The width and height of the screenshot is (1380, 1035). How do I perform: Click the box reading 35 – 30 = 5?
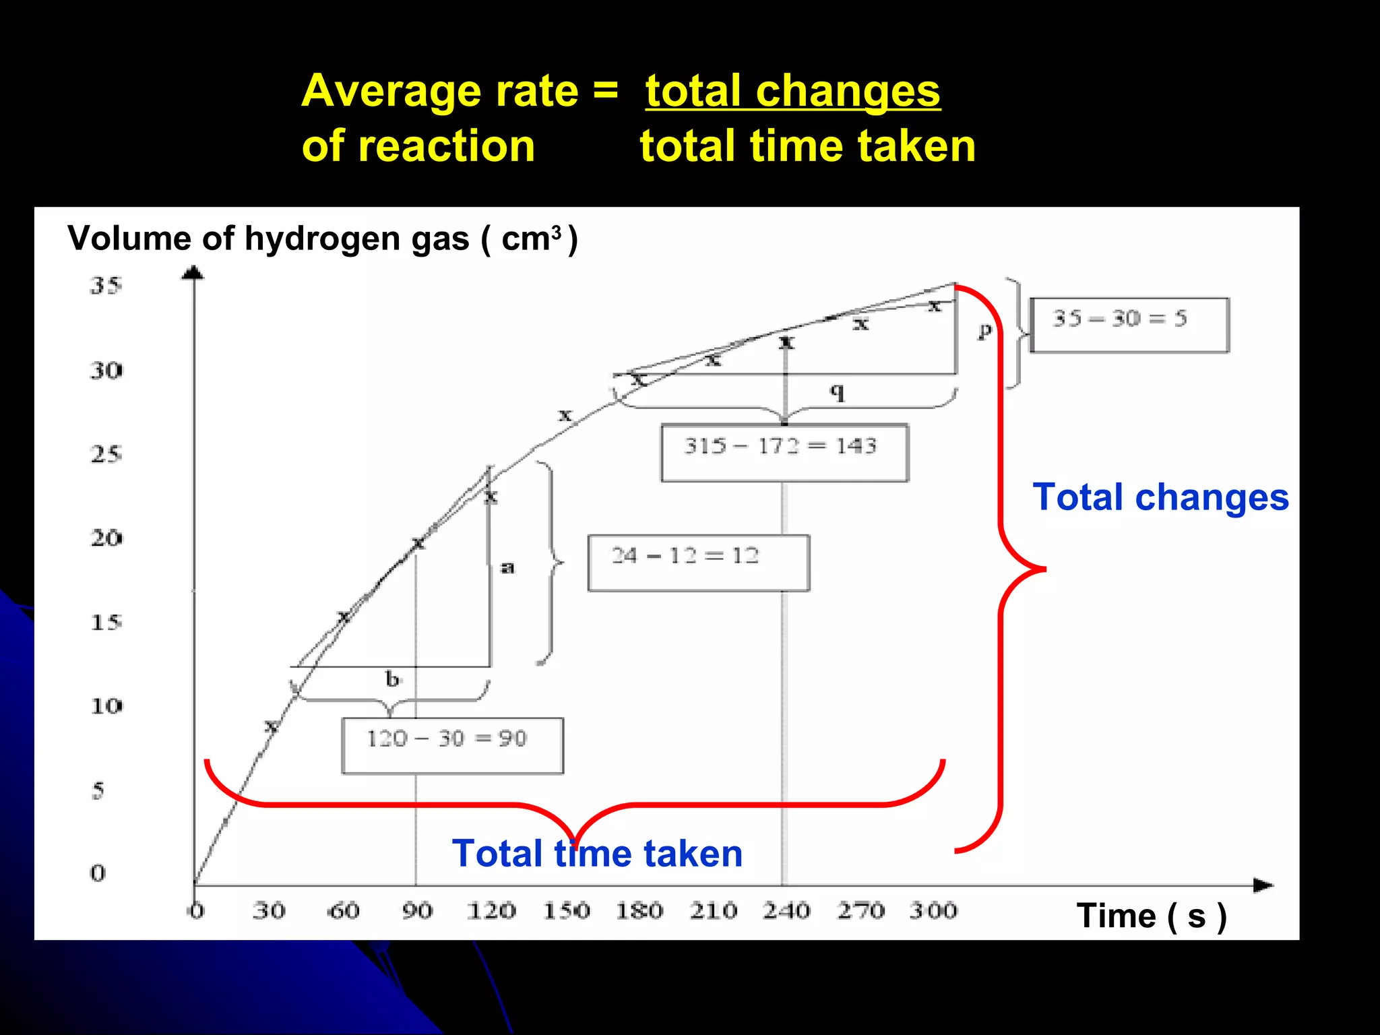click(1129, 324)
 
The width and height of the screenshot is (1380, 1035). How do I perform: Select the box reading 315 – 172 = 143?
click(784, 452)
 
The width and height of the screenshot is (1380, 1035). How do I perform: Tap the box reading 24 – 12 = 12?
click(698, 563)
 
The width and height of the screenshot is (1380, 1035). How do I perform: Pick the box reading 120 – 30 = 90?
click(452, 745)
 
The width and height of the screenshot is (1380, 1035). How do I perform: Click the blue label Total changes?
click(1160, 497)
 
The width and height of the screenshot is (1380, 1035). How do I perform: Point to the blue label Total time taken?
click(597, 853)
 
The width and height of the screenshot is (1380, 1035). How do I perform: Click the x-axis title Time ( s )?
click(1151, 916)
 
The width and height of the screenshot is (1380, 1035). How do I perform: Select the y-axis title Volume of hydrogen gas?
click(322, 239)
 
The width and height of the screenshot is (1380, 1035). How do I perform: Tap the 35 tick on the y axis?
click(106, 286)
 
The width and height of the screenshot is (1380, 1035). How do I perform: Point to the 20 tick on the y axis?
click(106, 538)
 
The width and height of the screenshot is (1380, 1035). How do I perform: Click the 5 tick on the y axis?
click(98, 790)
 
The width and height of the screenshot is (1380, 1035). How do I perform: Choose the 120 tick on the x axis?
click(491, 911)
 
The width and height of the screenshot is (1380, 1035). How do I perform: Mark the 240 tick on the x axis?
click(786, 911)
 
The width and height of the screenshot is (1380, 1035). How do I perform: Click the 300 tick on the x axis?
click(933, 911)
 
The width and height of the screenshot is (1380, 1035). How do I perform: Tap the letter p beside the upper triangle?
click(985, 330)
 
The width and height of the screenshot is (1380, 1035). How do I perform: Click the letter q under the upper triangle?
click(837, 391)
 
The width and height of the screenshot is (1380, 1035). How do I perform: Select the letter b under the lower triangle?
click(392, 679)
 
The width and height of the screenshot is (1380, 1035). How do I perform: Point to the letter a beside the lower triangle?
click(508, 568)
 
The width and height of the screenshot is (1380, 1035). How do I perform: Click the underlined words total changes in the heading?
click(792, 91)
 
